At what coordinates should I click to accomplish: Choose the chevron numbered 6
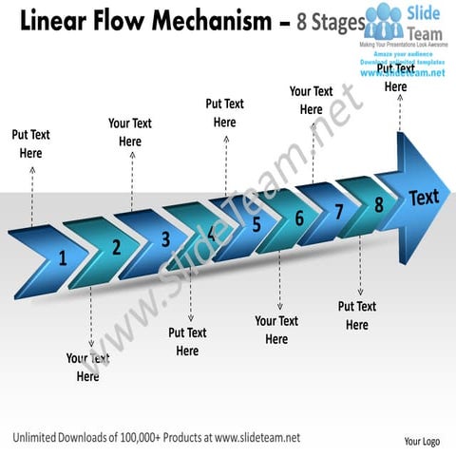(x=298, y=218)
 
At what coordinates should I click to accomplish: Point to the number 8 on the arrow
(x=378, y=203)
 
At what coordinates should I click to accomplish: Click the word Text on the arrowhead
(x=424, y=198)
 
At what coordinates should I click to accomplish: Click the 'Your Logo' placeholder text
(x=421, y=442)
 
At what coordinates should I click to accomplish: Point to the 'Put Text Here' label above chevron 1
(x=30, y=143)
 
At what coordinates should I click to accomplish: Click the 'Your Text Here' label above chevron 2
(x=130, y=132)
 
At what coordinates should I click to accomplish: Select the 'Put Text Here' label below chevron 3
(x=187, y=342)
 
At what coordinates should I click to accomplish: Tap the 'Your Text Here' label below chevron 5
(x=276, y=330)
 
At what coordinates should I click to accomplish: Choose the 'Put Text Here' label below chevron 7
(x=357, y=315)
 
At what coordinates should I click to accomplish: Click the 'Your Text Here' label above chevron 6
(x=311, y=100)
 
